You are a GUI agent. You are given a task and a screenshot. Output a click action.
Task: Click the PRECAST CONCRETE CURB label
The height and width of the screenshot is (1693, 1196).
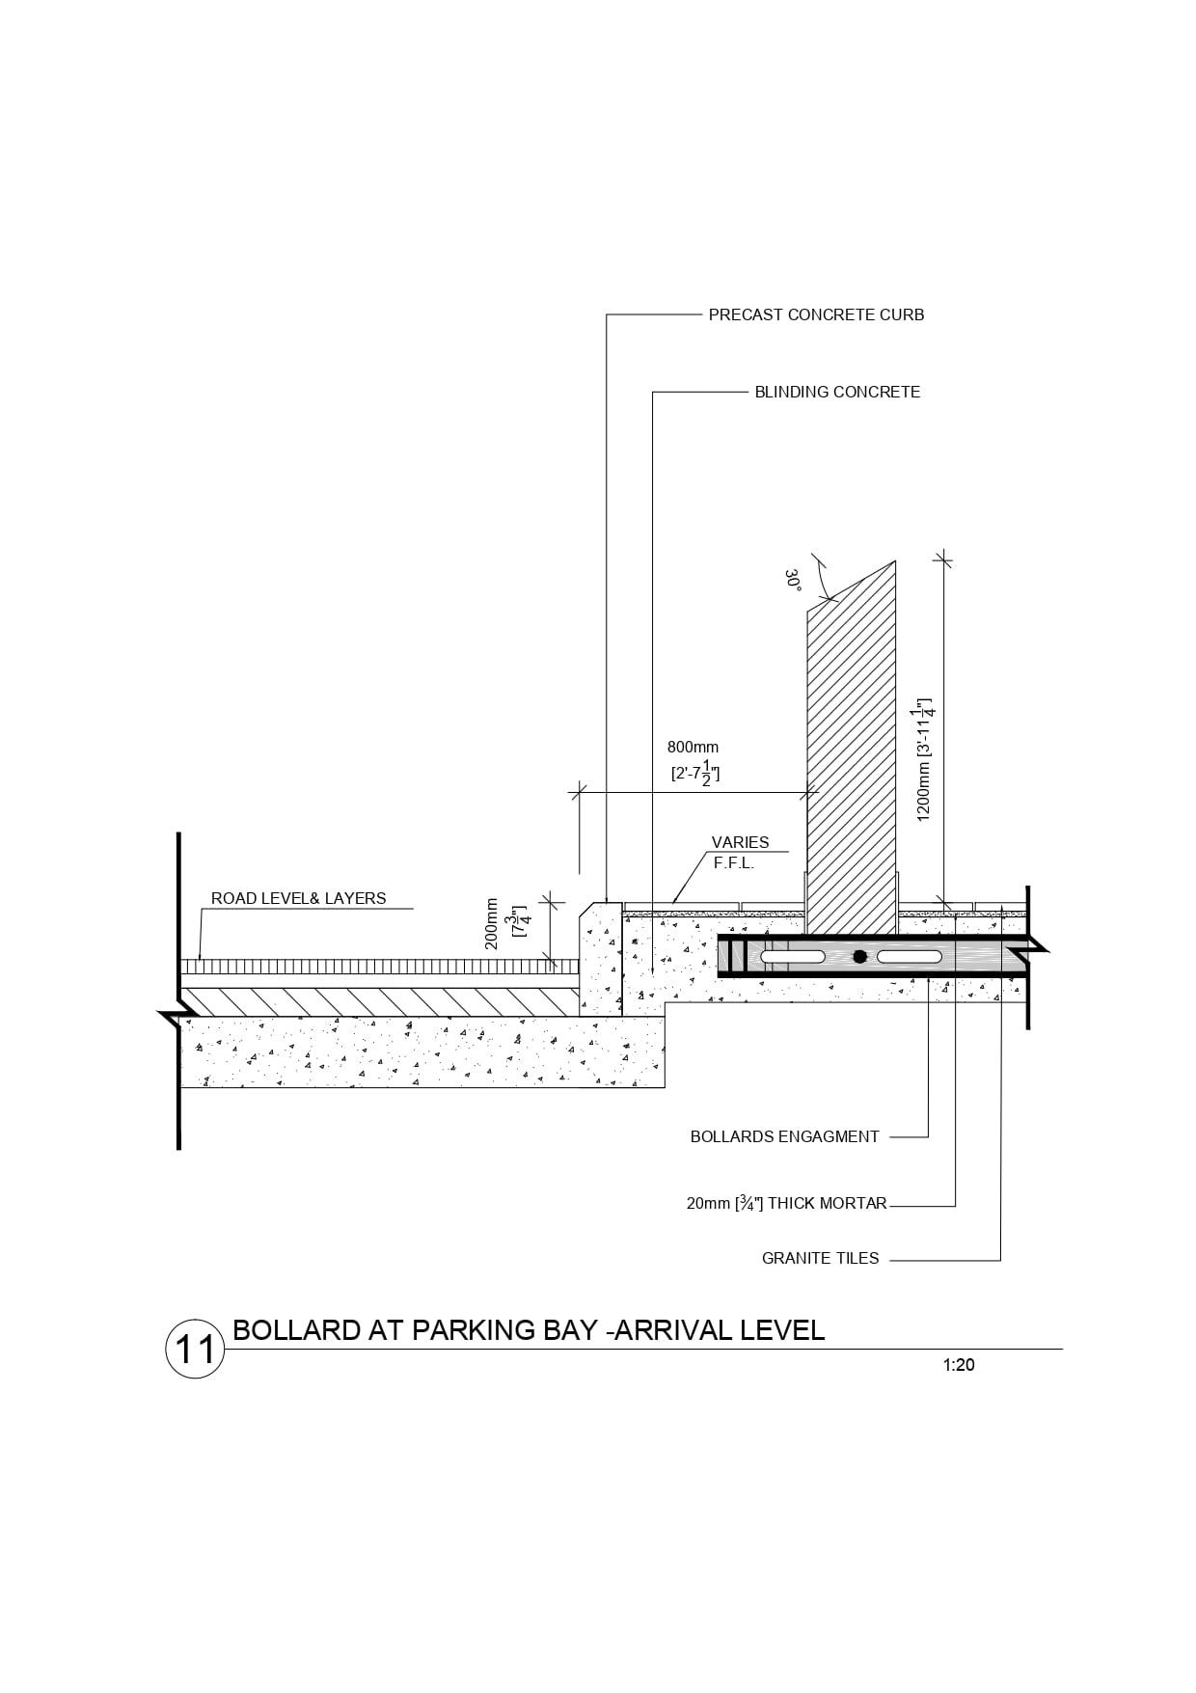pyautogui.click(x=816, y=314)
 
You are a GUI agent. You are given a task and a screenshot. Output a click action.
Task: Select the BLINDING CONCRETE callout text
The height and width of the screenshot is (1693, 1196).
pyautogui.click(x=837, y=392)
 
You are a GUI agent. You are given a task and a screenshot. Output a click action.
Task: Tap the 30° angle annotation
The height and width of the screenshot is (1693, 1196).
pyautogui.click(x=794, y=580)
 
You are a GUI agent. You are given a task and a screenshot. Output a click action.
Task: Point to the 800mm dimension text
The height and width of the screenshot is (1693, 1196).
pyautogui.click(x=693, y=748)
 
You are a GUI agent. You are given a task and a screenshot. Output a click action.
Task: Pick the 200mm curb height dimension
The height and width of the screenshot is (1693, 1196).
pyautogui.click(x=492, y=924)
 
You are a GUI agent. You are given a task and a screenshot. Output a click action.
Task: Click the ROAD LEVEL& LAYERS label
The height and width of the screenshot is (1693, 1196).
pyautogui.click(x=299, y=898)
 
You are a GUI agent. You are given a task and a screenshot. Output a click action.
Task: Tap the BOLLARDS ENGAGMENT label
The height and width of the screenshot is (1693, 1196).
pyautogui.click(x=784, y=1136)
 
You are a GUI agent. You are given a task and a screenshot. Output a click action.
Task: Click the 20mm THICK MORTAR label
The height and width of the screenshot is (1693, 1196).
pyautogui.click(x=786, y=1203)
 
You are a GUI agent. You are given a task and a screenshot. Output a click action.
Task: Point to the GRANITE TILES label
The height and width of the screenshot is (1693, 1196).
pyautogui.click(x=820, y=1258)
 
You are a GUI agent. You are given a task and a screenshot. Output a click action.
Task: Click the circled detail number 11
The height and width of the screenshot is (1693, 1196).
pyautogui.click(x=195, y=1348)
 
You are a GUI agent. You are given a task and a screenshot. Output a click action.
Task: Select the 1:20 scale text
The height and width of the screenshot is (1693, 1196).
pyautogui.click(x=959, y=1365)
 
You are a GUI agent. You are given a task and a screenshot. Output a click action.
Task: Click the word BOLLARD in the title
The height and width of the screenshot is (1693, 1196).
pyautogui.click(x=297, y=1330)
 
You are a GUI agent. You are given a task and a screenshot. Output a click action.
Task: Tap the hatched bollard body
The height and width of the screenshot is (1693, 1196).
pyautogui.click(x=852, y=752)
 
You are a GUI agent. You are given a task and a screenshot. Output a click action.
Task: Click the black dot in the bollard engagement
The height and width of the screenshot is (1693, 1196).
pyautogui.click(x=859, y=957)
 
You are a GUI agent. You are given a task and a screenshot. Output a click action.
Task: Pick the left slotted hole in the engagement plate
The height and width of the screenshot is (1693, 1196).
pyautogui.click(x=792, y=957)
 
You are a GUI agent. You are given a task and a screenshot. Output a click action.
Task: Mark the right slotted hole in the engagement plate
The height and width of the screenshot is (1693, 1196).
pyautogui.click(x=909, y=957)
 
